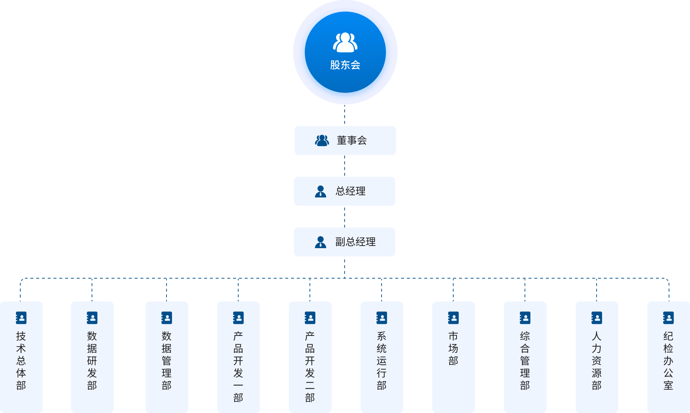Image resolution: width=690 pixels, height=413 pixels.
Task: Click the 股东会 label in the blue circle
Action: coord(345,65)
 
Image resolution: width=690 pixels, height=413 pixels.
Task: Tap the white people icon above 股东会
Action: coord(345,42)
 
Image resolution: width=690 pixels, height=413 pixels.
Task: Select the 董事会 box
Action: coord(345,141)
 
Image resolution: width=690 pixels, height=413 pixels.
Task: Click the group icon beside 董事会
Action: coord(322,141)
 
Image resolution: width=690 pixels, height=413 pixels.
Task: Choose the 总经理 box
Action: coord(344,191)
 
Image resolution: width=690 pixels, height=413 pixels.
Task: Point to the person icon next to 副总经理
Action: coord(320,242)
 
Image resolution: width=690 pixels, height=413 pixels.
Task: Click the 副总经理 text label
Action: coord(355,242)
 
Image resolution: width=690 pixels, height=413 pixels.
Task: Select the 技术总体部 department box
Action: coord(21,357)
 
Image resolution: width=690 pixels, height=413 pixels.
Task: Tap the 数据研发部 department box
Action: coord(92,357)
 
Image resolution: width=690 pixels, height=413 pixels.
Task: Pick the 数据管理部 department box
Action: coord(167,357)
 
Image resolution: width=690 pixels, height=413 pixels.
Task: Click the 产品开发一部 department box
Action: coord(238,357)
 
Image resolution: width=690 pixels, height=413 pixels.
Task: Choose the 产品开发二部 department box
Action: coord(310,357)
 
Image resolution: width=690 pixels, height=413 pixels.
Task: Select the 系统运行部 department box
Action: coord(382,357)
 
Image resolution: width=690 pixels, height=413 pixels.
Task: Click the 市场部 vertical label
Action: coord(453,349)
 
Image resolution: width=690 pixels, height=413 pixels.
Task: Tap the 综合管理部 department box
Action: coord(525,357)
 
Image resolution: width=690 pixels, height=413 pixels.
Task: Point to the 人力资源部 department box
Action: coord(597,357)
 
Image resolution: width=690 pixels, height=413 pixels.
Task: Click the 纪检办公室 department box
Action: coord(668,357)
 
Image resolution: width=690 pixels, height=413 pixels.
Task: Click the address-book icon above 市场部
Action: coord(453,318)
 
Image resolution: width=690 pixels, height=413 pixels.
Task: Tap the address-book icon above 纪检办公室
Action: coord(668,318)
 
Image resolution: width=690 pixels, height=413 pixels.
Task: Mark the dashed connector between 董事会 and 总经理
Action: coord(345,166)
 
